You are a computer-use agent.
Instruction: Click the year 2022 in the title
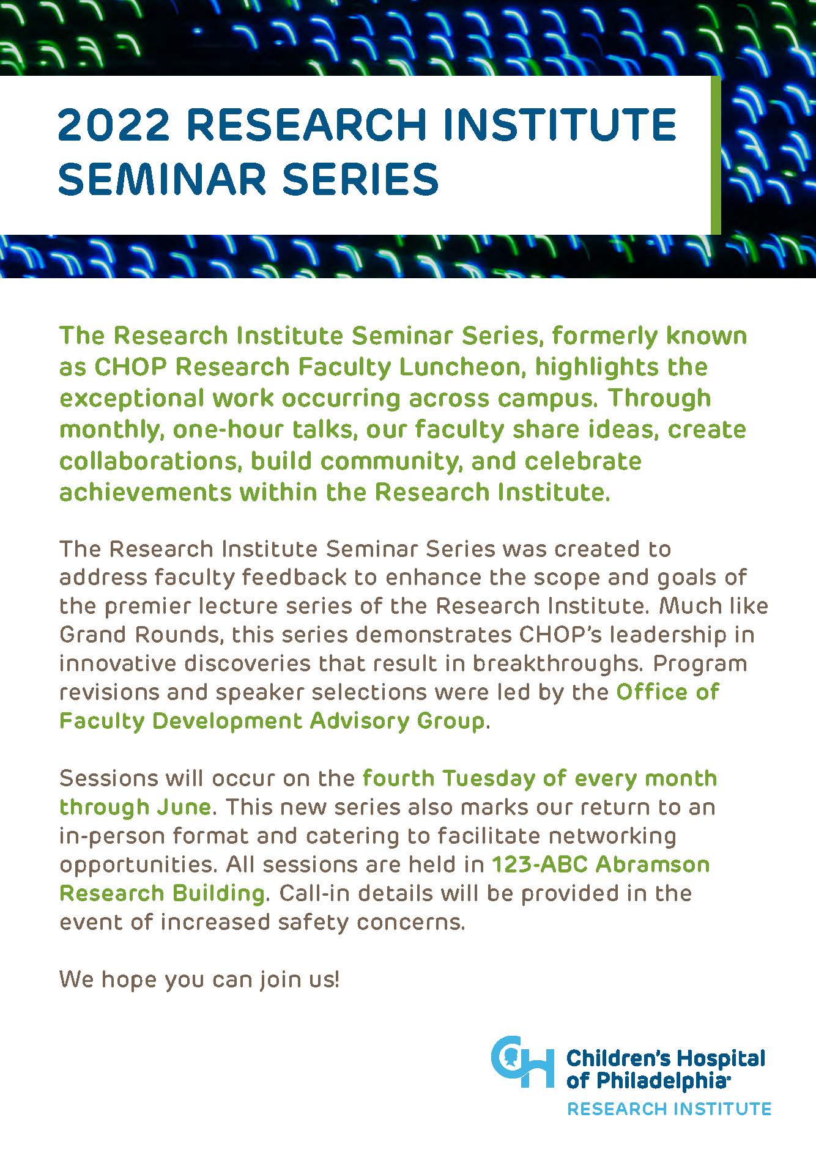(x=114, y=124)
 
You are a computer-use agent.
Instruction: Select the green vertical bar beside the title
(x=716, y=155)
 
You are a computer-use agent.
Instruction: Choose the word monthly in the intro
(x=113, y=430)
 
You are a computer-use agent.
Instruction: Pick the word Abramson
(x=653, y=865)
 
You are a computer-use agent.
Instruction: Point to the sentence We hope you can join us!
(x=199, y=980)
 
